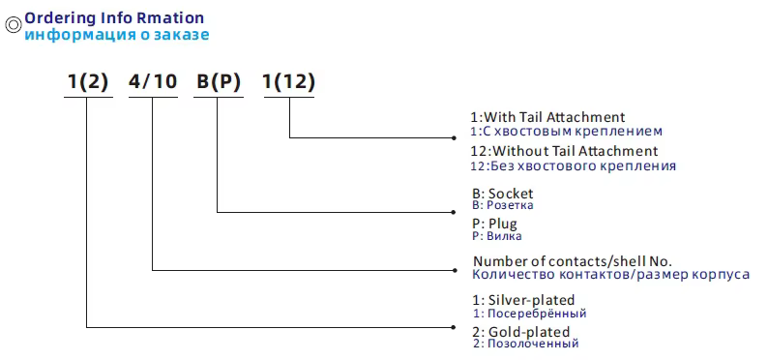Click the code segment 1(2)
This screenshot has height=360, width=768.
87,82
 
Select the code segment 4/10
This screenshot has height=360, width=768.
153,82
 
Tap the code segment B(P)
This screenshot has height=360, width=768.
219,82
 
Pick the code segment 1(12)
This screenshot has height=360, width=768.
289,82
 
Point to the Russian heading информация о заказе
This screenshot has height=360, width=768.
116,35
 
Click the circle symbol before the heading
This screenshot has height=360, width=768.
13,27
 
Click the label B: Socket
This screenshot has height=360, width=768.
502,194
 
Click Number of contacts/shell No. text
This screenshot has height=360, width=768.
572,261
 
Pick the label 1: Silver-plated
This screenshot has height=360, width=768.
523,300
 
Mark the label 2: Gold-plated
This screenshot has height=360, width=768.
522,331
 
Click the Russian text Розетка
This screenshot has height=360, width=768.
509,205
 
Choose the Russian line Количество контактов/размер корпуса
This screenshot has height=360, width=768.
610,275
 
